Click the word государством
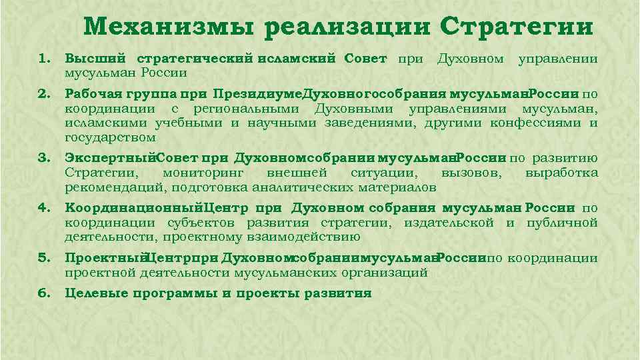tap(111, 137)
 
